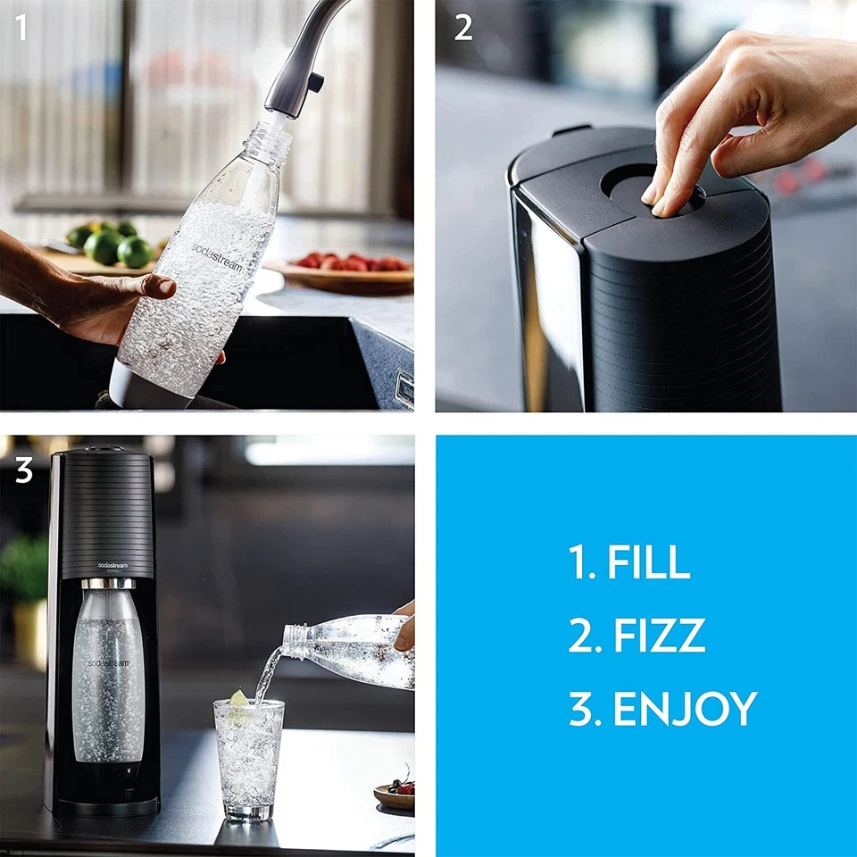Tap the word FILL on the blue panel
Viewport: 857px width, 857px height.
(x=648, y=562)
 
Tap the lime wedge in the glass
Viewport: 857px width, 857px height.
(x=238, y=698)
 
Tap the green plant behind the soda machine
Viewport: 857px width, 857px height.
(x=22, y=571)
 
